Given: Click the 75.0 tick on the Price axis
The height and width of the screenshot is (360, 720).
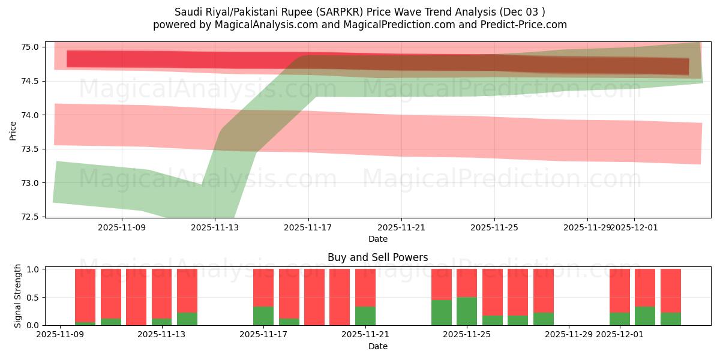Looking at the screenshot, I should pyautogui.click(x=31, y=47).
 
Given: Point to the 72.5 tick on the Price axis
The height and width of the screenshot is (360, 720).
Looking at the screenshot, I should pyautogui.click(x=31, y=217).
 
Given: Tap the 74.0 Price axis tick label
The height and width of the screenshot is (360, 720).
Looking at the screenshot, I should pyautogui.click(x=31, y=115).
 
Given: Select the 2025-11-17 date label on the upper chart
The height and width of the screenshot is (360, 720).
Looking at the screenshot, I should pyautogui.click(x=308, y=227).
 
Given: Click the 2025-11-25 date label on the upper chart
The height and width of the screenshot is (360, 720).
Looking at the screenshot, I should pyautogui.click(x=494, y=227).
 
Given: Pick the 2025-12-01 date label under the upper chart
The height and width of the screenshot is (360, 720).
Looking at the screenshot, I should pyautogui.click(x=635, y=227).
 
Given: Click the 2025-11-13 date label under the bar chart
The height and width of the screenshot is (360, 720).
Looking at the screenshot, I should pyautogui.click(x=161, y=335).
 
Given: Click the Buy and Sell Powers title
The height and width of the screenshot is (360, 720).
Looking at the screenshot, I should pyautogui.click(x=377, y=257).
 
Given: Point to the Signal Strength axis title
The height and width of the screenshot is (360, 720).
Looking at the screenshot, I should pyautogui.click(x=18, y=296).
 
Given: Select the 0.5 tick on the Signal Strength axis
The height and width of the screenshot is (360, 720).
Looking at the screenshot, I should pyautogui.click(x=32, y=298).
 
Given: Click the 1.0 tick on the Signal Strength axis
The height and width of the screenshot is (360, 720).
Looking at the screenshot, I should pyautogui.click(x=32, y=269).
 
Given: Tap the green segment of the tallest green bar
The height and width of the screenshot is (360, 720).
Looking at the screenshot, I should pyautogui.click(x=467, y=311).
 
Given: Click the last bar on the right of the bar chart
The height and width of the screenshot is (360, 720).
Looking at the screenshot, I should pyautogui.click(x=670, y=297).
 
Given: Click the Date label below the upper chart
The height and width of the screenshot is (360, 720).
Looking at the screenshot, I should pyautogui.click(x=377, y=239).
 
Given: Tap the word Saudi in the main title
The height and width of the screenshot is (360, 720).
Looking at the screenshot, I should pyautogui.click(x=187, y=12).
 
